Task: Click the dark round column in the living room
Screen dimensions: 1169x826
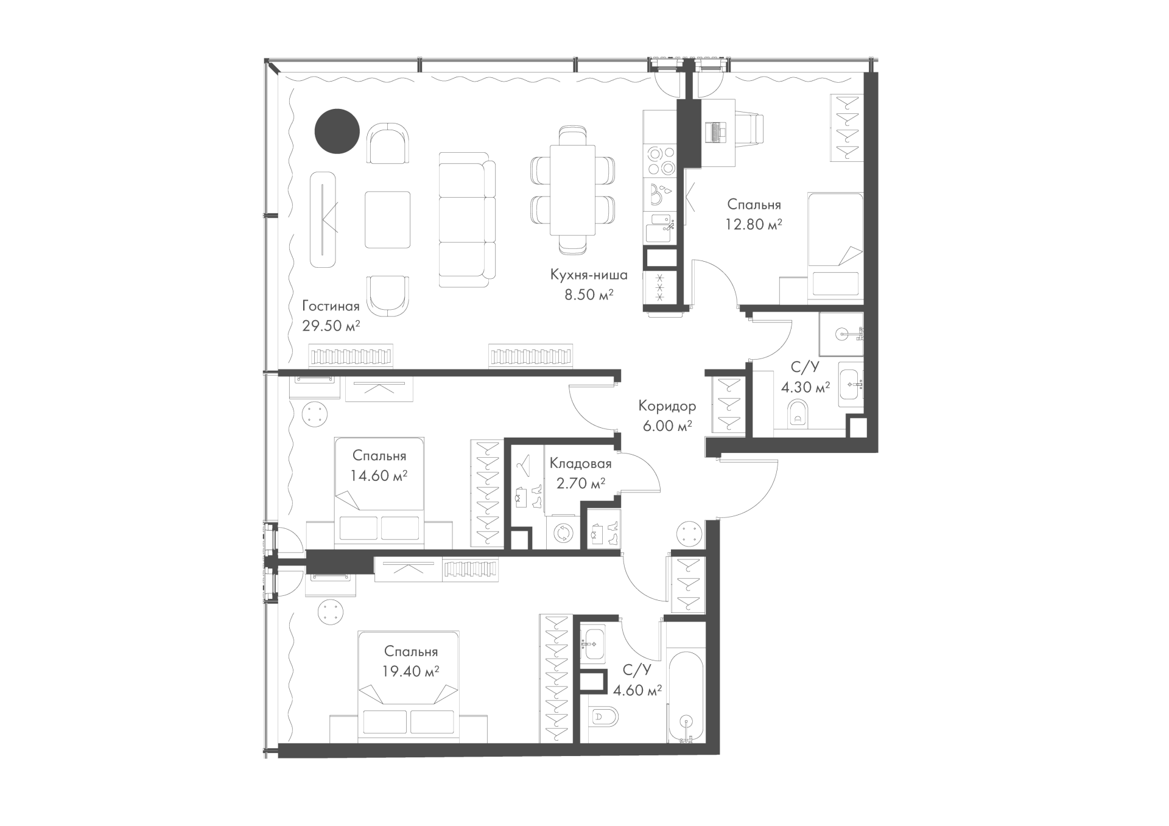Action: click(x=337, y=131)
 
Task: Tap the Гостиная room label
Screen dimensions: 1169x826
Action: click(x=331, y=306)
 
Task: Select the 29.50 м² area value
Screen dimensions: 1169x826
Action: click(x=331, y=326)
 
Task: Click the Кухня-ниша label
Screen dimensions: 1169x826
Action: click(x=589, y=275)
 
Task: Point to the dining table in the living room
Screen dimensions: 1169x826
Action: click(x=572, y=190)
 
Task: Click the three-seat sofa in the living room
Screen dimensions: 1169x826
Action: click(x=467, y=220)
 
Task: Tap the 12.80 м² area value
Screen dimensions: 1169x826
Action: click(x=754, y=224)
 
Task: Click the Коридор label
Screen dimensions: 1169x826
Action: click(x=667, y=405)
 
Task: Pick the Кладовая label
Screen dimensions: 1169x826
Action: click(x=580, y=464)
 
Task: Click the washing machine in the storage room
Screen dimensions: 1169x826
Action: click(x=563, y=533)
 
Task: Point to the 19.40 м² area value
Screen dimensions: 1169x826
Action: click(x=411, y=671)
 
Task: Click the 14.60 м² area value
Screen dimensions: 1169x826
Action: click(x=379, y=475)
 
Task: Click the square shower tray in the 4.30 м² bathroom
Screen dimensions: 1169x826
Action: click(x=841, y=334)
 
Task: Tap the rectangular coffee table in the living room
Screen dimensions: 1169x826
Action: click(x=388, y=220)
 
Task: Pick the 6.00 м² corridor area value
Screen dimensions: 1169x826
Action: click(x=667, y=425)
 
